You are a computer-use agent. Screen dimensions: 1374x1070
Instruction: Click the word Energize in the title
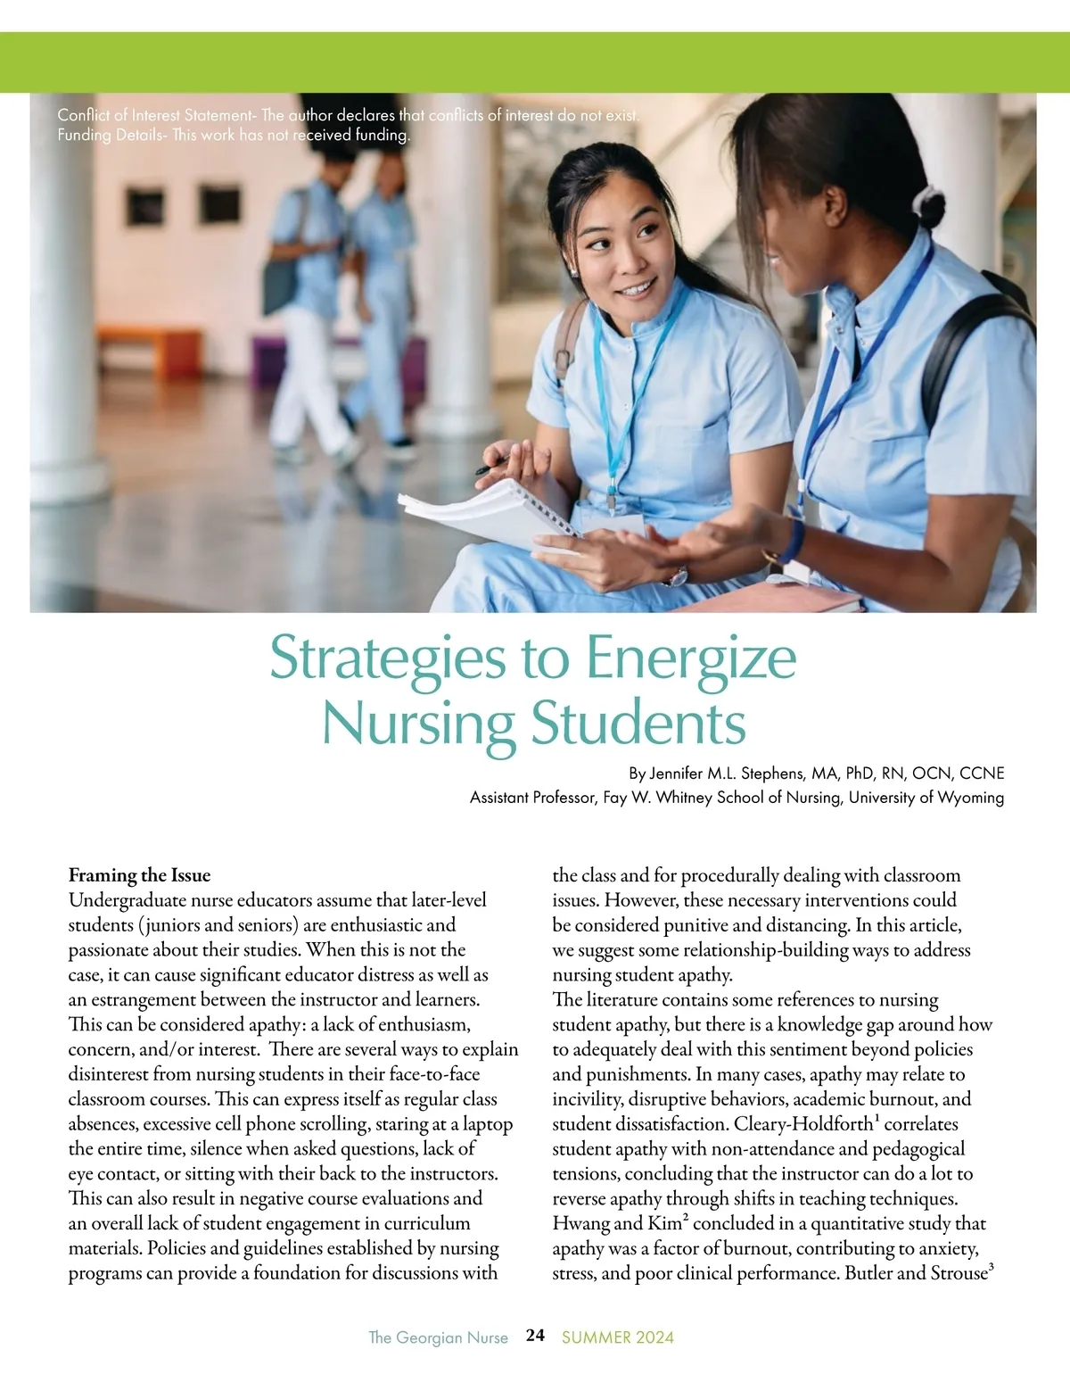[x=690, y=658]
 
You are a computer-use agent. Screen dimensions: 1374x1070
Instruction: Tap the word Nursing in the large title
[x=418, y=724]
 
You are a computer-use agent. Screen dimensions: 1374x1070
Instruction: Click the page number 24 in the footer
[x=535, y=1336]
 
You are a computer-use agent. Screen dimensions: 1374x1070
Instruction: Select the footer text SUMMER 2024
[x=618, y=1337]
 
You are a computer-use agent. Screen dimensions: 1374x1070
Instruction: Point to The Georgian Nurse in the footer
[x=438, y=1337]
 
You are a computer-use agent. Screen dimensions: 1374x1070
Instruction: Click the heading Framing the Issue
[x=139, y=875]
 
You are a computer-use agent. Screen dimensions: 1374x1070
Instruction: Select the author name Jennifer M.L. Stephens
[x=726, y=773]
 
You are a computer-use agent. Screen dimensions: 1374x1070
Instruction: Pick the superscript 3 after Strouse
[x=992, y=1267]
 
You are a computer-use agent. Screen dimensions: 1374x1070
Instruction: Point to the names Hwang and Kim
[x=616, y=1224]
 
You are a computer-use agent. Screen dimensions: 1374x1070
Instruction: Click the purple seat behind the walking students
[x=267, y=361]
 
